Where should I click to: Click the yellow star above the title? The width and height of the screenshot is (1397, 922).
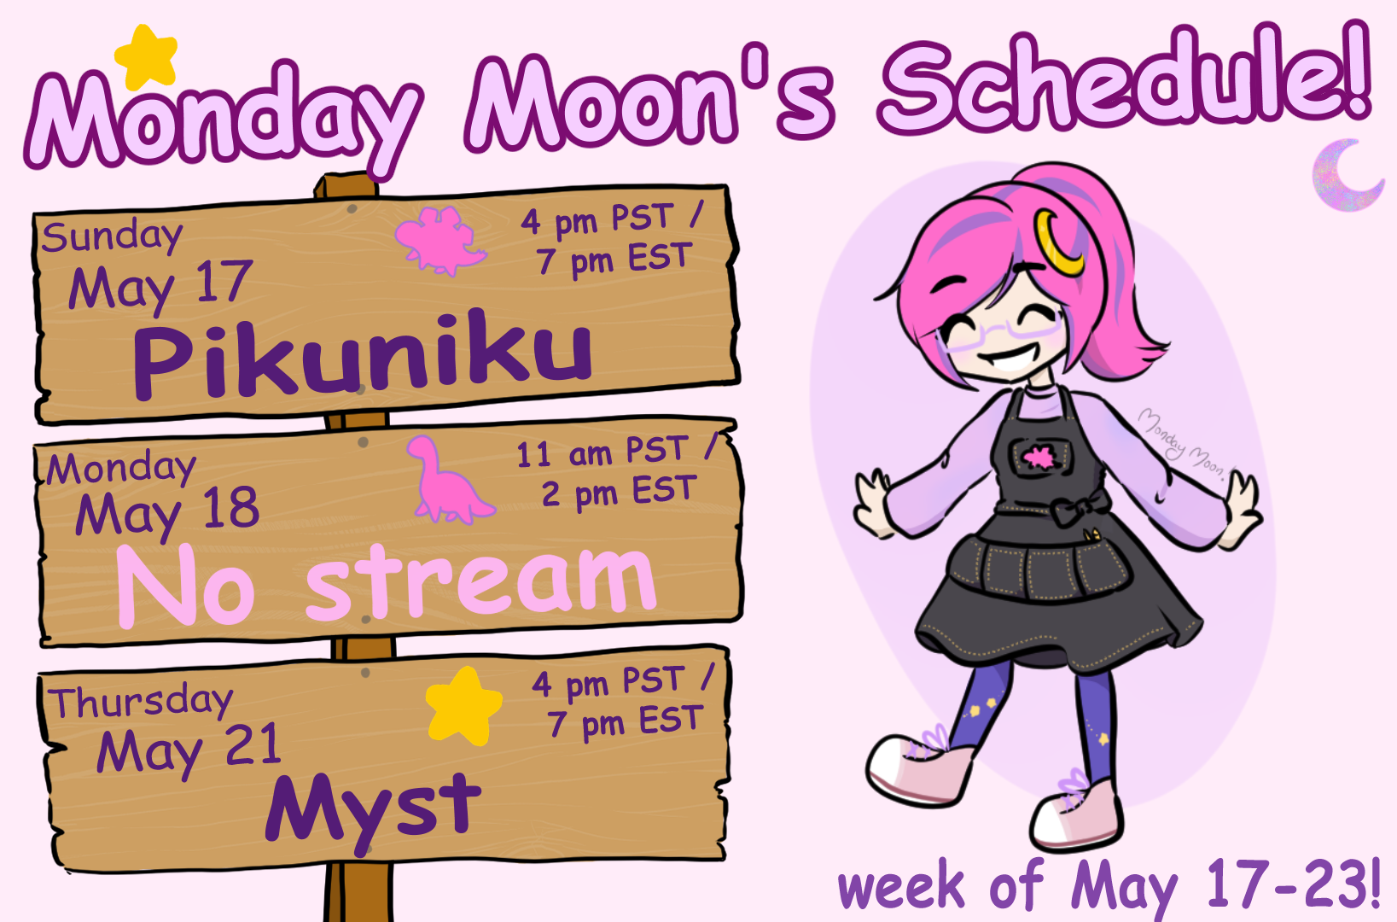coord(147,57)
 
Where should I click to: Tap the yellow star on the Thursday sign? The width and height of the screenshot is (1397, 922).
coord(464,705)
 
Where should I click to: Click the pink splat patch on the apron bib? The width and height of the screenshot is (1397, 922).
coord(1039,458)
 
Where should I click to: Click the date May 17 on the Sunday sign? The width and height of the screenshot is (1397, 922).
coord(161,286)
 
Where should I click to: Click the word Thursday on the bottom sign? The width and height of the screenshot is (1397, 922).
coord(141,701)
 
